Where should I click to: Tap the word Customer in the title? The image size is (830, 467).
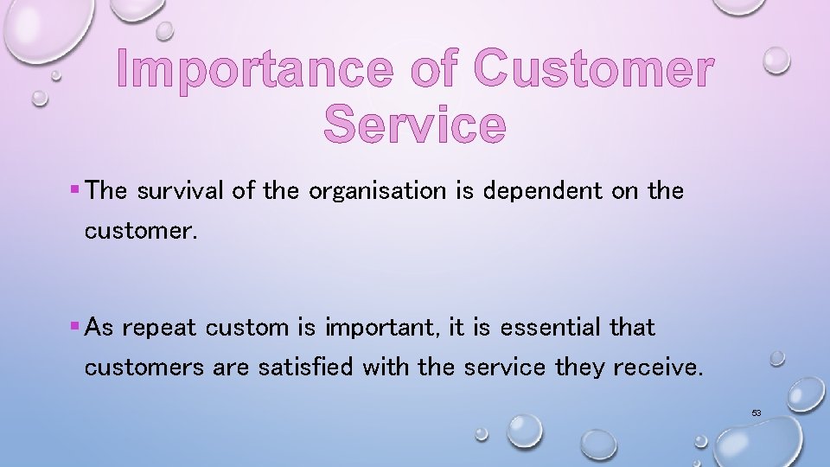click(594, 69)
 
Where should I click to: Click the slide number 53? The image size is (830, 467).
click(756, 413)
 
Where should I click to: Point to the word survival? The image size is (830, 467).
click(180, 190)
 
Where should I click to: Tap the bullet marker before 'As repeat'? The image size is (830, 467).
click(76, 326)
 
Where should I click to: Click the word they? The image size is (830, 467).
click(579, 367)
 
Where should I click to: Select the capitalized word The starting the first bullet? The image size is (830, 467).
click(106, 190)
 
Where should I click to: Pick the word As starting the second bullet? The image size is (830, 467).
click(100, 327)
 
